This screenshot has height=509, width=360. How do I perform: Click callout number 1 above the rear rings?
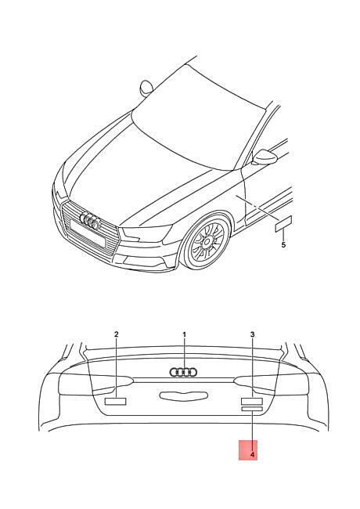pyautogui.click(x=184, y=334)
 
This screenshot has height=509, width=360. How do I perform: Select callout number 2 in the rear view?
pyautogui.click(x=117, y=334)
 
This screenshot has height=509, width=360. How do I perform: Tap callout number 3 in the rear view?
pyautogui.click(x=253, y=334)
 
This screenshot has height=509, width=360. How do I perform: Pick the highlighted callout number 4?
pyautogui.click(x=252, y=455)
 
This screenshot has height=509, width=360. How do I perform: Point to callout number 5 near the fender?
pyautogui.click(x=283, y=245)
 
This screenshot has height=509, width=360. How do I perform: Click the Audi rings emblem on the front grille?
pyautogui.click(x=91, y=220)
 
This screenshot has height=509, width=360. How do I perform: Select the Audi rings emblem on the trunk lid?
pyautogui.click(x=183, y=372)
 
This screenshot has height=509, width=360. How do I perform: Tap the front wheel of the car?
pyautogui.click(x=207, y=241)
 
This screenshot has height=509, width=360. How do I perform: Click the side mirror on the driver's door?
pyautogui.click(x=265, y=157)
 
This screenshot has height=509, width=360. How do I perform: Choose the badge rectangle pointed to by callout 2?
pyautogui.click(x=116, y=402)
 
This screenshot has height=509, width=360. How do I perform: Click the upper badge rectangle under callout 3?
pyautogui.click(x=252, y=401)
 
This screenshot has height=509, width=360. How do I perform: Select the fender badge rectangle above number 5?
pyautogui.click(x=283, y=224)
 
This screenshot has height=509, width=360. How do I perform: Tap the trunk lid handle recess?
pyautogui.click(x=183, y=395)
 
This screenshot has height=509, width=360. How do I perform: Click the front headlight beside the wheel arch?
pyautogui.click(x=146, y=233)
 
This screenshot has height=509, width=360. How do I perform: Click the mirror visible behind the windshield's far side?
pyautogui.click(x=146, y=88)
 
